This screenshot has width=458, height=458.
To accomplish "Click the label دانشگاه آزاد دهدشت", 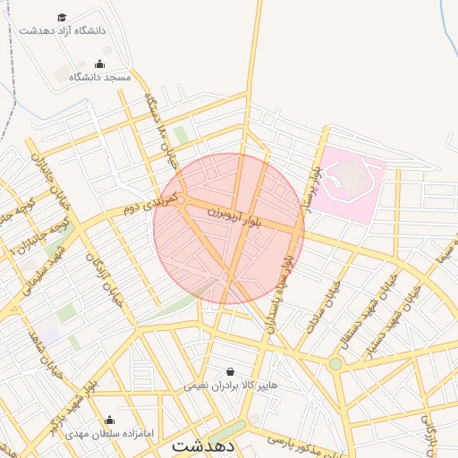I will (63, 30).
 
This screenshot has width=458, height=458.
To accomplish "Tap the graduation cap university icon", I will (62, 17).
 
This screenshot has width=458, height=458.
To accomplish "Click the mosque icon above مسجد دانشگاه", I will (99, 64).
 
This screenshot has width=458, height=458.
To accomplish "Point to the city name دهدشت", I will (204, 445).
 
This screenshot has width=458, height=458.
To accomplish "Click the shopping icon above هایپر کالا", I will (231, 371).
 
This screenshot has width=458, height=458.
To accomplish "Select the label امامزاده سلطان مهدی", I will (109, 433).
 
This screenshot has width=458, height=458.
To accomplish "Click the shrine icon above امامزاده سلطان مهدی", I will (109, 420).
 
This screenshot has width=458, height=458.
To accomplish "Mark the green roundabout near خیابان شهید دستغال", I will (335, 363).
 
